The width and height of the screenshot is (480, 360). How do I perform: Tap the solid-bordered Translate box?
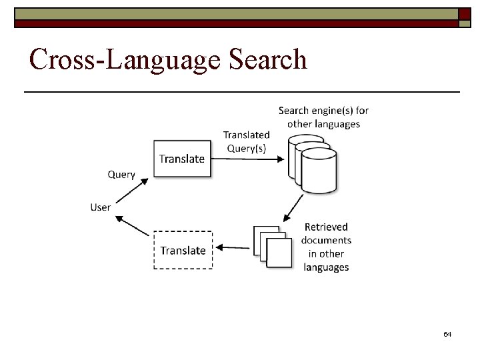183,159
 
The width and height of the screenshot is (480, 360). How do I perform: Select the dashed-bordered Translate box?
183,250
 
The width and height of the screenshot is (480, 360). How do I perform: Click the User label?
100,207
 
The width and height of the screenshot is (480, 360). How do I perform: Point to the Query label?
121,175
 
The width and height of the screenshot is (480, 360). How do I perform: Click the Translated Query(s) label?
246,141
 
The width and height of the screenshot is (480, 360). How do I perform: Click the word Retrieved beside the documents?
326,227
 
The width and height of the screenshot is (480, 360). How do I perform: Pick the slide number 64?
447,333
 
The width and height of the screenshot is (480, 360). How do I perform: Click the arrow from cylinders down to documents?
293,207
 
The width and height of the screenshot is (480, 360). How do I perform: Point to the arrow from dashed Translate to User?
133,225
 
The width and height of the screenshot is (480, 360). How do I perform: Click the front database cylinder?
319,170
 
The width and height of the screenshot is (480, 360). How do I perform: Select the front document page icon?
279,252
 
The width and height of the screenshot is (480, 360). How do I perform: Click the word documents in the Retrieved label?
326,240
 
